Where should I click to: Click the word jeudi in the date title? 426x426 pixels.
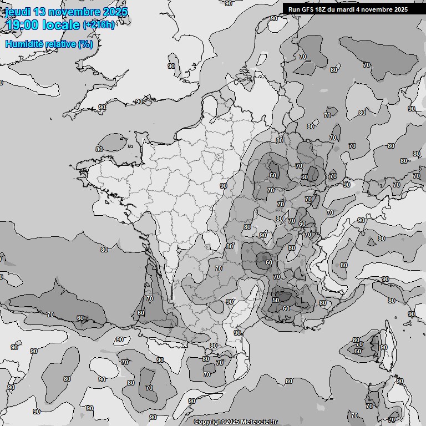coord(16,12)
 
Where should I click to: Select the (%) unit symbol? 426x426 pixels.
coord(85,44)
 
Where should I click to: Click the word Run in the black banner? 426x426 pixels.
coord(295,9)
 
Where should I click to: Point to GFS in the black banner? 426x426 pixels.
coord(308,9)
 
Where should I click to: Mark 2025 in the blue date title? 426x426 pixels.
coord(114,12)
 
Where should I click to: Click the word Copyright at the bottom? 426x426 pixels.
coord(209,422)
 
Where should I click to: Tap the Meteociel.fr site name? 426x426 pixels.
coord(259,422)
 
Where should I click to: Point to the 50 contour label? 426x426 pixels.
coord(276,300)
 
